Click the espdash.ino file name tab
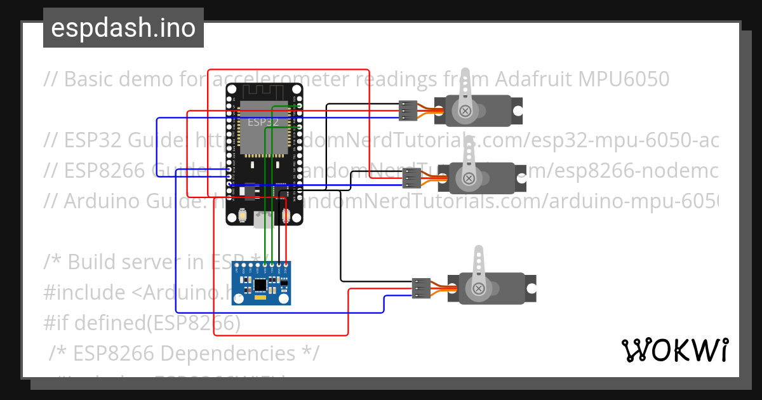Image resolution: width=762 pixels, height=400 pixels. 123,28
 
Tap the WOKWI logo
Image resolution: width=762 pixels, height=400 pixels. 674,350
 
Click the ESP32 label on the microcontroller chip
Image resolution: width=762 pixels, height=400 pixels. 261,121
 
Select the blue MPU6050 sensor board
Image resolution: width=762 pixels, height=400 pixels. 262,283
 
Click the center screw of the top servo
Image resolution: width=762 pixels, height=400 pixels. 466,111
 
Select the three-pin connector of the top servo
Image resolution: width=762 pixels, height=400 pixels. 408,110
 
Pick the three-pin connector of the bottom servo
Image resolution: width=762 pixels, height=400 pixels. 421,288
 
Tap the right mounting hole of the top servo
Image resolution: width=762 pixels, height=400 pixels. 518,110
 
